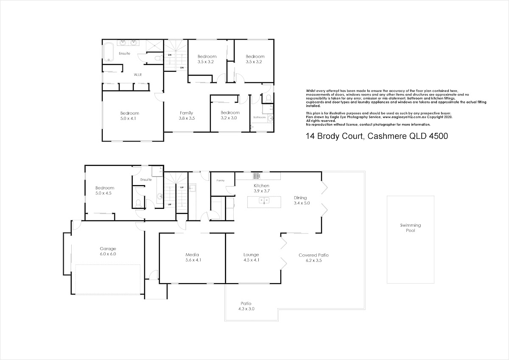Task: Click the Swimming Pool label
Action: point(411,228)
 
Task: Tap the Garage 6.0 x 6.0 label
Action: point(108,251)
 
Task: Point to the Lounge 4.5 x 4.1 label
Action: point(251,257)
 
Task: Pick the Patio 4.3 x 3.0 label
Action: point(246,306)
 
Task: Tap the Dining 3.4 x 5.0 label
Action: point(302,200)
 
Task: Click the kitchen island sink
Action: point(264,200)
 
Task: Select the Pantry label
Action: point(221,180)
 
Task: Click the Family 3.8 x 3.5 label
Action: point(187,115)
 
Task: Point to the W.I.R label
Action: point(138,75)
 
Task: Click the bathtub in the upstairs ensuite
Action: point(109,52)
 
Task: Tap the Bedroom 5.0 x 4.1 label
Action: point(129,116)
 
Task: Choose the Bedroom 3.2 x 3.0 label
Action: point(230,115)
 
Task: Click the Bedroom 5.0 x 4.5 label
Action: point(105,190)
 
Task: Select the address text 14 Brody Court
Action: point(335,136)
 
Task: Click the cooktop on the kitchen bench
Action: point(257,176)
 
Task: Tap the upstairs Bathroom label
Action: point(260,117)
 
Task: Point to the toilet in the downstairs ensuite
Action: point(138,203)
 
